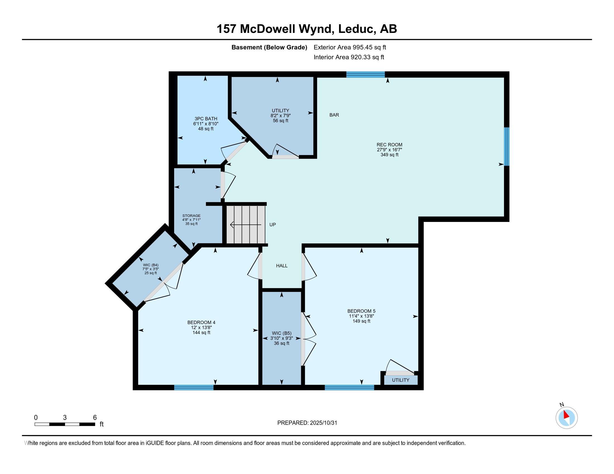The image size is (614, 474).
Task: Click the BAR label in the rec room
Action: (334, 115)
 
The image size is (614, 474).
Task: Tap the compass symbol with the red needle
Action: (567, 418)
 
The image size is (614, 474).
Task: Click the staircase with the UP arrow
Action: (246, 225)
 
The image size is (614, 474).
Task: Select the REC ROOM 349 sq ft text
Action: (389, 150)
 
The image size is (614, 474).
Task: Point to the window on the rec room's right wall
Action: (507, 147)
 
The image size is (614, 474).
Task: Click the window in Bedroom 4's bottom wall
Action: (194, 388)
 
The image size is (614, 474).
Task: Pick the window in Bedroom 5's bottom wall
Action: (349, 388)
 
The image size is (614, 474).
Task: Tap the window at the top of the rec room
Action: (366, 74)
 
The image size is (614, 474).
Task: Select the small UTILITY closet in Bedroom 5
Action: (400, 380)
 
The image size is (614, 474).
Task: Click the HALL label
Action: (282, 266)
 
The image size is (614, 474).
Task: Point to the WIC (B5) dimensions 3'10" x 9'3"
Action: (282, 338)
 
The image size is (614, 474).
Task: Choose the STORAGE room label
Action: (191, 216)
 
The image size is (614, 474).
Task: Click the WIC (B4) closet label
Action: (151, 265)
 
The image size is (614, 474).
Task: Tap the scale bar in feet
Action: (65, 424)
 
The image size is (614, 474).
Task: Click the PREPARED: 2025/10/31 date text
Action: (307, 423)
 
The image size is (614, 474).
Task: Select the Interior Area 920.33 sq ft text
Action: (349, 57)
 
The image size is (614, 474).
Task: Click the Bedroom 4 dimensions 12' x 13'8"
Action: (201, 327)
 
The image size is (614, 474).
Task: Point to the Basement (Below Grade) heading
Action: (269, 47)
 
